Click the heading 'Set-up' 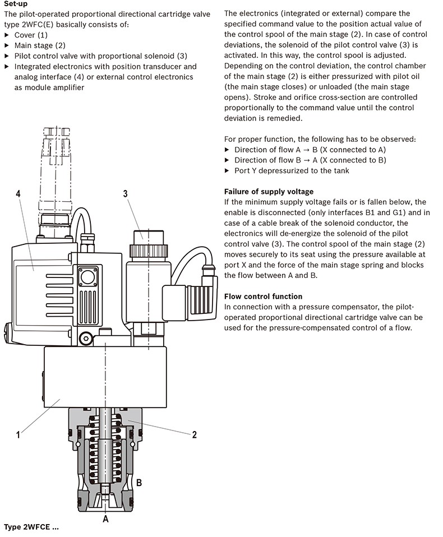[x=15, y=4]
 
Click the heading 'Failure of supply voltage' [x=269, y=192]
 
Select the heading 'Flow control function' [x=263, y=297]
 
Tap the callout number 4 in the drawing [x=18, y=194]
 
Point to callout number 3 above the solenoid [x=126, y=194]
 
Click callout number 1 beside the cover [x=18, y=435]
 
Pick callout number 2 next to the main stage [x=194, y=435]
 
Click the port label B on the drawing [x=139, y=483]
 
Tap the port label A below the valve [x=105, y=519]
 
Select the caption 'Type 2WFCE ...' [x=31, y=527]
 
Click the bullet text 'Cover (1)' [x=31, y=35]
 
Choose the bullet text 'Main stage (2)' [x=40, y=45]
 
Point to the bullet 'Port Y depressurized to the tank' [x=292, y=170]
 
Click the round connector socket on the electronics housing [x=87, y=277]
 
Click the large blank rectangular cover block [x=105, y=377]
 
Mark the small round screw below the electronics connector [x=86, y=339]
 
